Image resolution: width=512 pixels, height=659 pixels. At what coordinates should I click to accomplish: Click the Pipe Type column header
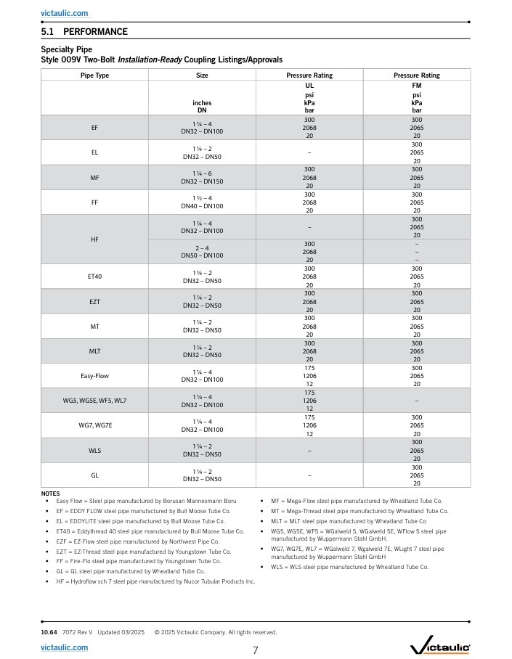click(94, 75)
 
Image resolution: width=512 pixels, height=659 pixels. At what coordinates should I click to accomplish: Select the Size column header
click(202, 75)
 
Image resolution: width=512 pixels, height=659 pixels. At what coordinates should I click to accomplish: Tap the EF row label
click(94, 128)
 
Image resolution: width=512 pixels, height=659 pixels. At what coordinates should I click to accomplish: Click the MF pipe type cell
click(94, 177)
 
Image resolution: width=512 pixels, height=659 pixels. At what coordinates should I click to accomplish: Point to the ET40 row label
click(94, 277)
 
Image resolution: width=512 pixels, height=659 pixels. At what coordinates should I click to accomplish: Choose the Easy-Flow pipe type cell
click(94, 376)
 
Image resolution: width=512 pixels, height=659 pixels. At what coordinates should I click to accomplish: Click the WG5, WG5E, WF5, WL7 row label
click(94, 401)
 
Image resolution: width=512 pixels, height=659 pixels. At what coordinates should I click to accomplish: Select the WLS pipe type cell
click(94, 451)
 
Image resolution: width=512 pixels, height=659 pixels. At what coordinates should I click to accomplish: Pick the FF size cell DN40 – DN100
click(202, 206)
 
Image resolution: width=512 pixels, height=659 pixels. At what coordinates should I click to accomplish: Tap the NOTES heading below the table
click(51, 494)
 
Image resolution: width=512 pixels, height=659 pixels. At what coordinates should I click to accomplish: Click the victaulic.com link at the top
click(65, 13)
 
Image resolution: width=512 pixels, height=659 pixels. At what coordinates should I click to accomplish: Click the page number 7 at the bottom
click(256, 650)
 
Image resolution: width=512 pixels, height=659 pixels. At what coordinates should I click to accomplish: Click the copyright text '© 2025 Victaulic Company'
click(215, 632)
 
